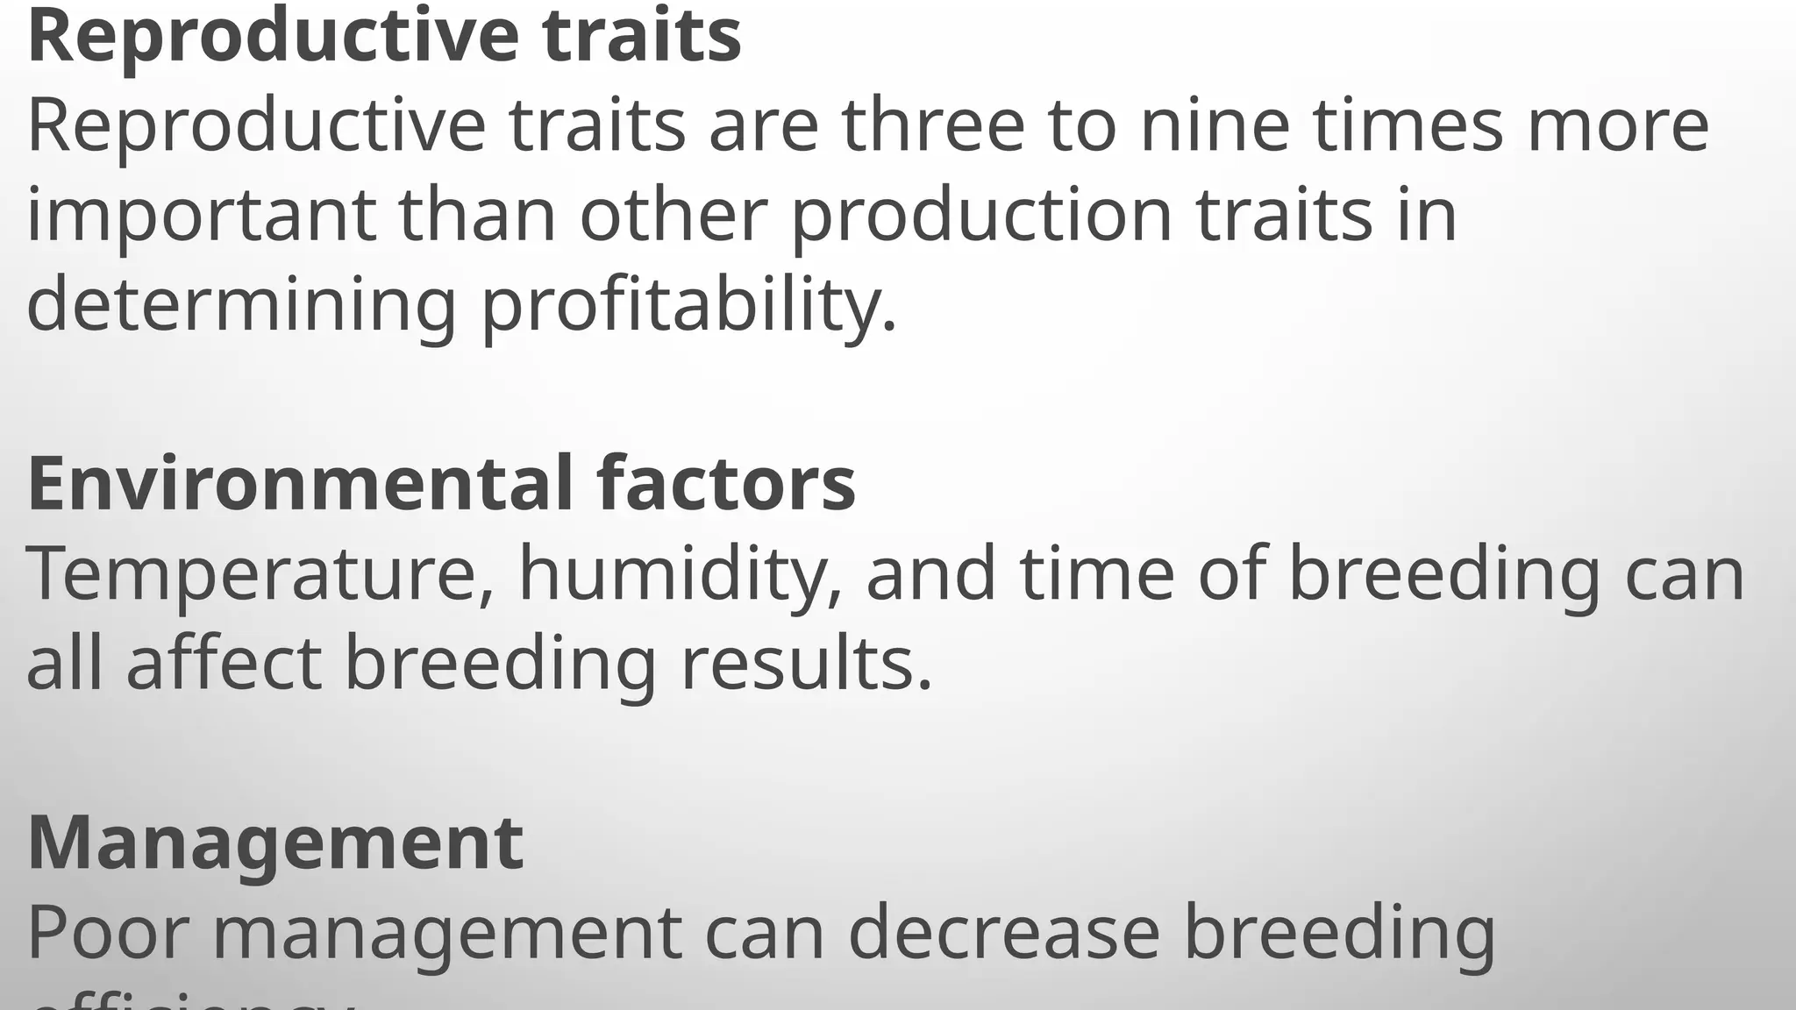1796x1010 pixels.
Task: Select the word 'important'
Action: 202,217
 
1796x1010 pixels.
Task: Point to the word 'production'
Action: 981,217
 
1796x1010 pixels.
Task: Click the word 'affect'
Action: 224,664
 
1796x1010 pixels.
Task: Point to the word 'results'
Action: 806,664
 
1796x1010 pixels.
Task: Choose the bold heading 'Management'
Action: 275,843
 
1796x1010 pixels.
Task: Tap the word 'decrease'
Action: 1004,932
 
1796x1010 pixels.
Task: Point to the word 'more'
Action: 1618,125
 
